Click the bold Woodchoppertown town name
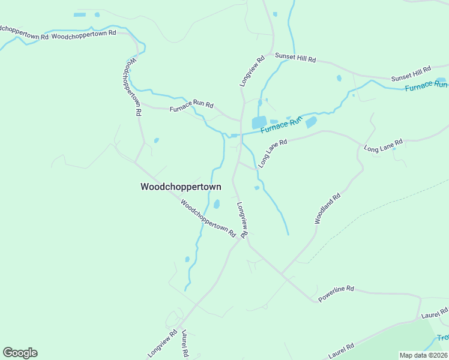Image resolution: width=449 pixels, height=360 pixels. click(181, 187)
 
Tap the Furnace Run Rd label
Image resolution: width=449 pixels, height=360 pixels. click(191, 107)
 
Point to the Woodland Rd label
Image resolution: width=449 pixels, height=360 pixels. click(328, 209)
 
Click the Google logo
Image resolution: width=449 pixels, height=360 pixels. click(20, 353)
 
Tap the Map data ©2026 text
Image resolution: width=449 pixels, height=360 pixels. click(423, 355)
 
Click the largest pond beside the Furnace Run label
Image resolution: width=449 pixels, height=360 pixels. click(259, 122)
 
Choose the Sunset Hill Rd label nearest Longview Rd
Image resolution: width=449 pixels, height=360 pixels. click(295, 58)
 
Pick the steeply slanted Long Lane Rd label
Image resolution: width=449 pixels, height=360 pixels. click(273, 154)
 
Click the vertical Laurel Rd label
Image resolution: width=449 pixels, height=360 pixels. click(185, 344)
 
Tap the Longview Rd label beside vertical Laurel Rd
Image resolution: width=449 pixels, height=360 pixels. click(162, 344)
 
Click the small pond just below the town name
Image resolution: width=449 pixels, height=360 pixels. click(217, 204)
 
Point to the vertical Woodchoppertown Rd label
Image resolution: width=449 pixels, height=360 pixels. click(133, 87)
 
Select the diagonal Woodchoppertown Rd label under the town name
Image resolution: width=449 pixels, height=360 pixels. click(208, 218)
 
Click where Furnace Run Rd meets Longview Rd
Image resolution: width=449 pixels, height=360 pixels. click(241, 119)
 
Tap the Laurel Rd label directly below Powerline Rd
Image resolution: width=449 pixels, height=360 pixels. click(341, 347)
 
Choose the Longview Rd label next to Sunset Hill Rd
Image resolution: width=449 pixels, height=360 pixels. click(253, 71)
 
